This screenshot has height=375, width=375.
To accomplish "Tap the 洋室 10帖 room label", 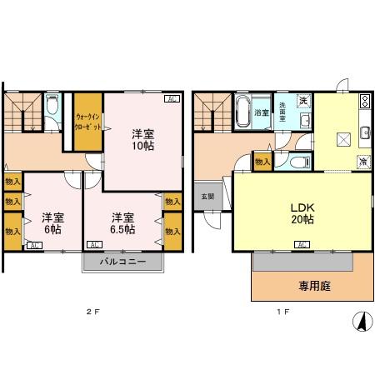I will pos(142,139).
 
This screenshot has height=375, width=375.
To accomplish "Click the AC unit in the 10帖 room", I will pos(171,99).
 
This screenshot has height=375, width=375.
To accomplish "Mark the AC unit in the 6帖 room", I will pos(34,245).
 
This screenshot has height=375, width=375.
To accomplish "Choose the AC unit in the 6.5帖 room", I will pos(94,245).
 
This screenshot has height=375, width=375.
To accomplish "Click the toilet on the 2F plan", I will pos(52,106).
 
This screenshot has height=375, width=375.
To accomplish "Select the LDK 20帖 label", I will pos(302,212).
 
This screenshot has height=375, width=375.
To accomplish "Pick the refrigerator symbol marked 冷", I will pos(363,162).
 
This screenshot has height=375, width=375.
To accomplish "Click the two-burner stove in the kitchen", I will pos(364,102).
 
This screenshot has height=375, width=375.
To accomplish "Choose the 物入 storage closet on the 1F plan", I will pos(262,162).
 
